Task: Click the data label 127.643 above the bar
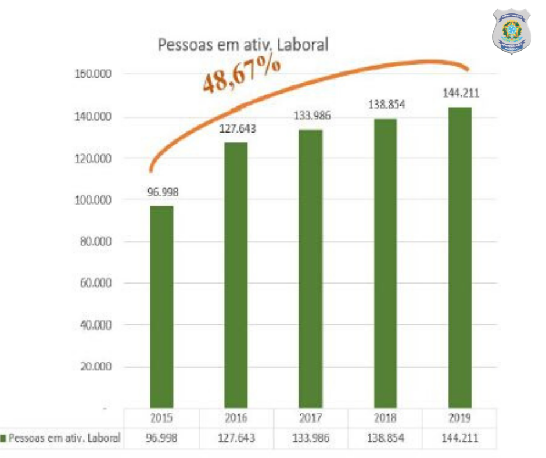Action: (236, 129)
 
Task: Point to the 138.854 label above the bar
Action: (385, 105)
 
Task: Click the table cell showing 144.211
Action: (459, 438)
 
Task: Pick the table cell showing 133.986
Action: (310, 438)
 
